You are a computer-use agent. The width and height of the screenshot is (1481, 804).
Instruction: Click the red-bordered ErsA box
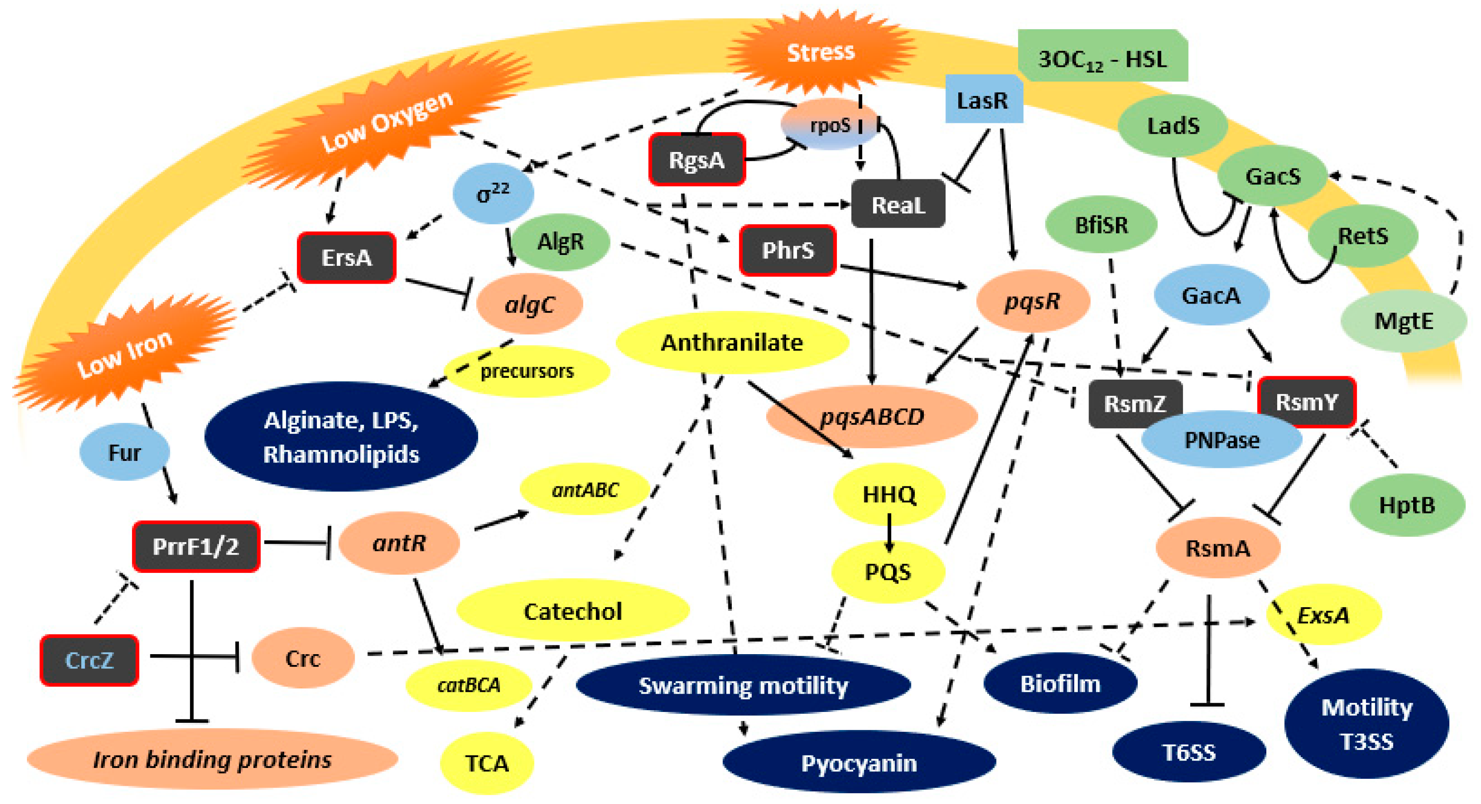tap(347, 258)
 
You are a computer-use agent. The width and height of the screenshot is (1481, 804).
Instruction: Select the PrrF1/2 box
tap(196, 546)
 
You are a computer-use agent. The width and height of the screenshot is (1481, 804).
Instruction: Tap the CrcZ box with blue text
tap(89, 660)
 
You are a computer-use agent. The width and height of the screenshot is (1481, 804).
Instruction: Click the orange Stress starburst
tap(820, 53)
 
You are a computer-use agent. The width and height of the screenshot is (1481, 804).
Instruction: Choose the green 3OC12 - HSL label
tap(1102, 59)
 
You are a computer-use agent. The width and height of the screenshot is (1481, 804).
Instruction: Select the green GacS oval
tap(1272, 176)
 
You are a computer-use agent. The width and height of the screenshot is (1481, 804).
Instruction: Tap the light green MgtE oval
tap(1403, 321)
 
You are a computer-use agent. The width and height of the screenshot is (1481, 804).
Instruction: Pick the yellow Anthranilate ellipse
tap(731, 343)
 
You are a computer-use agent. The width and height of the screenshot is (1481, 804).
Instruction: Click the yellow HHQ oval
tap(889, 494)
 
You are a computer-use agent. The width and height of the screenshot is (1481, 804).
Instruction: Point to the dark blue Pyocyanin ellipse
tap(859, 763)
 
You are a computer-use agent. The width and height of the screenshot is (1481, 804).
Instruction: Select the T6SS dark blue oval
tap(1189, 752)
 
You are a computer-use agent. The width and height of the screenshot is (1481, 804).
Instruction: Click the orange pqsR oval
tap(1033, 301)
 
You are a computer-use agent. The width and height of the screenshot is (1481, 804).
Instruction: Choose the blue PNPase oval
tap(1222, 440)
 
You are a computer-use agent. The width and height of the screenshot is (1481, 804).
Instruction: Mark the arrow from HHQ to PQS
tap(889, 533)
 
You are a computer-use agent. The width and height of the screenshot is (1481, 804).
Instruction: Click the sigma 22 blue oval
tap(493, 193)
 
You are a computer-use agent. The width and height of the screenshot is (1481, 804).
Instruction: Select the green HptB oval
tap(1406, 505)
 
